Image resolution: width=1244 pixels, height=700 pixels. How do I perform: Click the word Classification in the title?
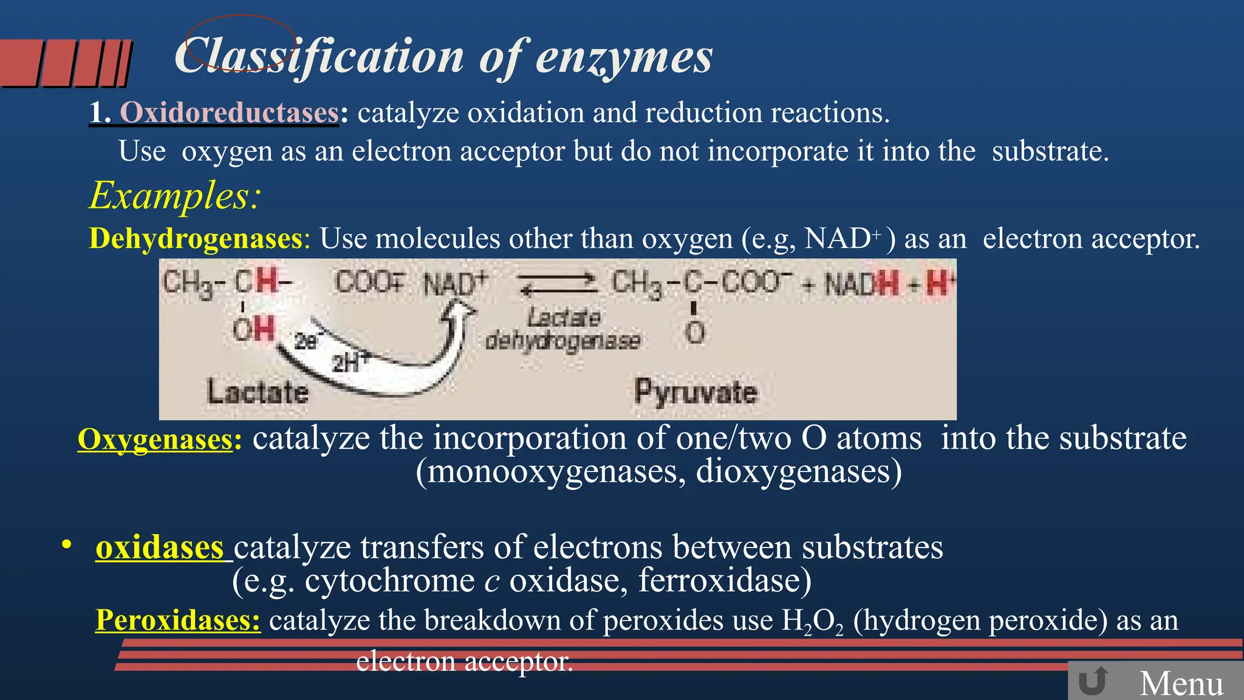tap(320, 56)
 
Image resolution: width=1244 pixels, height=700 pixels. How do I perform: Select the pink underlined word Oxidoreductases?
tap(229, 113)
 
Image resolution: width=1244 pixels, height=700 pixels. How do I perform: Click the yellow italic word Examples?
tap(175, 196)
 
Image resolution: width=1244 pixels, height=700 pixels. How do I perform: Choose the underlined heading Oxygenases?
tap(155, 439)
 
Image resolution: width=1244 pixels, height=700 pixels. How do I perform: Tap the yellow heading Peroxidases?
tap(178, 620)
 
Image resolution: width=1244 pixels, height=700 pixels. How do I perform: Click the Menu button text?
tap(1181, 683)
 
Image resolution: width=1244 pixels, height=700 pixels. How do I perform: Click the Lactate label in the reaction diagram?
tap(258, 391)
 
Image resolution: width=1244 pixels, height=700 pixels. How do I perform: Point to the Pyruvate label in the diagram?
tap(695, 391)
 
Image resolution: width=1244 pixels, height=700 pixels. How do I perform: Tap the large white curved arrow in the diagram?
tap(389, 359)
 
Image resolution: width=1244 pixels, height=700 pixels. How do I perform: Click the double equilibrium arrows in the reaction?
tap(558, 284)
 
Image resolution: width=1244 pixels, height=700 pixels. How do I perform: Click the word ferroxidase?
tap(724, 580)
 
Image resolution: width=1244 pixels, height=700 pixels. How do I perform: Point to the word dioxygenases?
tap(798, 472)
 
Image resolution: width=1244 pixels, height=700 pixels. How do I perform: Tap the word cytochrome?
tap(389, 580)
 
